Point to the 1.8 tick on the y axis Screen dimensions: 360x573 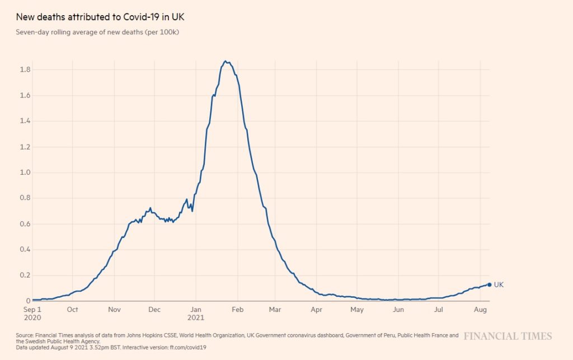pos(25,69)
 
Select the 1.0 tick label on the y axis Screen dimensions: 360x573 pos(25,172)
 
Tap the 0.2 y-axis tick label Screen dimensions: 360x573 pos(25,275)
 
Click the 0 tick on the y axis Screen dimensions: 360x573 pos(28,301)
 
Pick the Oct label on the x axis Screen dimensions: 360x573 pos(72,310)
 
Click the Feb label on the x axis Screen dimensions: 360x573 pos(238,310)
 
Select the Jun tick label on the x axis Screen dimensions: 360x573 pos(398,310)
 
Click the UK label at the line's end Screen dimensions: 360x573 pos(499,285)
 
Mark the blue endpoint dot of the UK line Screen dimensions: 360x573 pos(490,284)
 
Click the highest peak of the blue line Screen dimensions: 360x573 pos(225,61)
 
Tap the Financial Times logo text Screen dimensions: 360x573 pos(508,336)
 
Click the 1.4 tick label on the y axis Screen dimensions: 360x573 pos(25,121)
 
